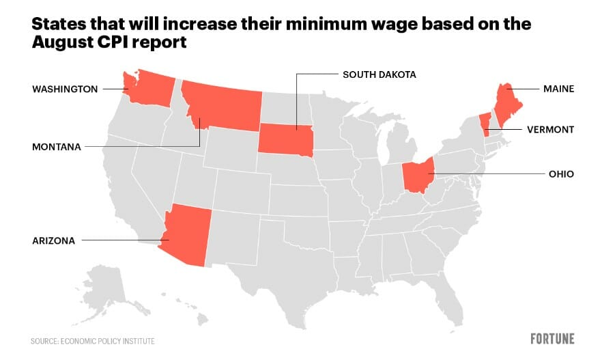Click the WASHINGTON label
(x=65, y=89)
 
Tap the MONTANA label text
(x=56, y=147)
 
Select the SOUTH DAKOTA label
(x=379, y=74)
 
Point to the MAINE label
(x=558, y=89)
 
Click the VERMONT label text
(x=549, y=129)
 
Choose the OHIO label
(x=561, y=174)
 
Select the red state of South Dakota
(x=285, y=139)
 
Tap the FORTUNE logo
(x=552, y=339)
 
